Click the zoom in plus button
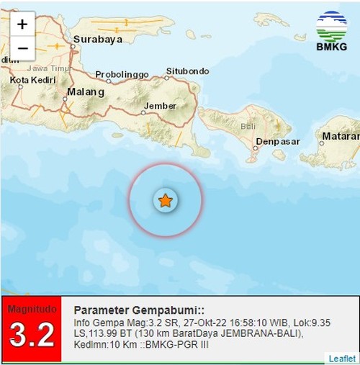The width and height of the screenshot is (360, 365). pyautogui.click(x=22, y=24)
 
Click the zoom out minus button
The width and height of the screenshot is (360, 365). pyautogui.click(x=22, y=49)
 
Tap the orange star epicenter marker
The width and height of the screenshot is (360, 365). pyautogui.click(x=166, y=201)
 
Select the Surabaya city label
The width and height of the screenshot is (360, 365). pyautogui.click(x=100, y=40)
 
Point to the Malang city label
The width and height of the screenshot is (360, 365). pyautogui.click(x=85, y=92)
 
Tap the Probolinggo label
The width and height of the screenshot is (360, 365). pyautogui.click(x=122, y=74)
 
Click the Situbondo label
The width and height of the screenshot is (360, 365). pyautogui.click(x=187, y=71)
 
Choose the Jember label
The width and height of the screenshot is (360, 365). pyautogui.click(x=161, y=106)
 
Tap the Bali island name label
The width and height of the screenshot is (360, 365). pyautogui.click(x=248, y=126)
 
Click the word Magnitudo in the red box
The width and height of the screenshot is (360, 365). pyautogui.click(x=32, y=309)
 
